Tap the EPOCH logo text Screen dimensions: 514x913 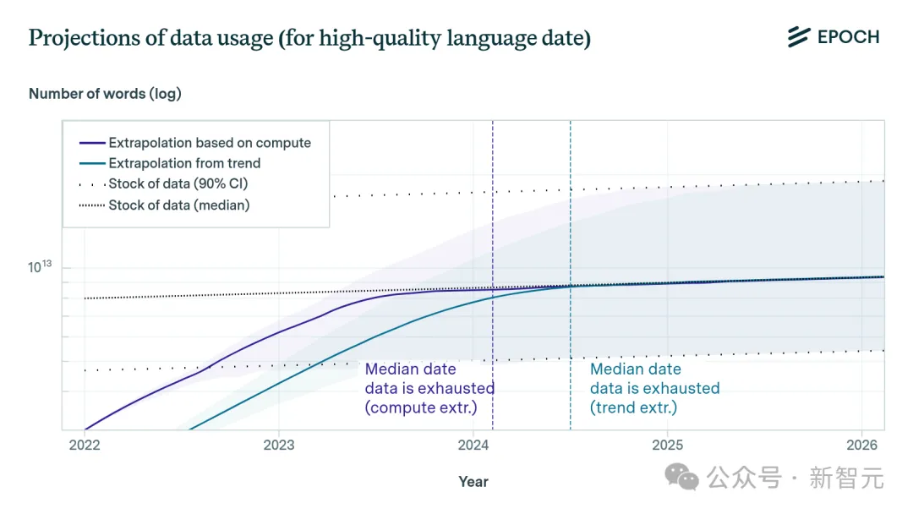848,37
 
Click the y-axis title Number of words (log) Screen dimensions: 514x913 105,94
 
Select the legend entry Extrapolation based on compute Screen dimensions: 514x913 210,143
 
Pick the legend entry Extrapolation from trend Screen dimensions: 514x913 184,163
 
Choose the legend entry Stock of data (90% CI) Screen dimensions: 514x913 178,183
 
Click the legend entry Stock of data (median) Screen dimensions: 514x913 179,205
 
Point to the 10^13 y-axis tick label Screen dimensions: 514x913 40,267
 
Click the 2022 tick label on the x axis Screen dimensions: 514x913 85,445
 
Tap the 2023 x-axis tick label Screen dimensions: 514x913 279,445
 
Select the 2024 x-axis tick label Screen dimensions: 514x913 473,445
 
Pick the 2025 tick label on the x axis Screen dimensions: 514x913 668,445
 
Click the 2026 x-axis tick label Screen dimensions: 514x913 861,445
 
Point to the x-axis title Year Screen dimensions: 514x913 473,481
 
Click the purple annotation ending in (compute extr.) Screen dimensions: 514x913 429,388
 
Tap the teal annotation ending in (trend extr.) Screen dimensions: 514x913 654,388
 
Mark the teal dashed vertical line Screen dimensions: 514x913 571,211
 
